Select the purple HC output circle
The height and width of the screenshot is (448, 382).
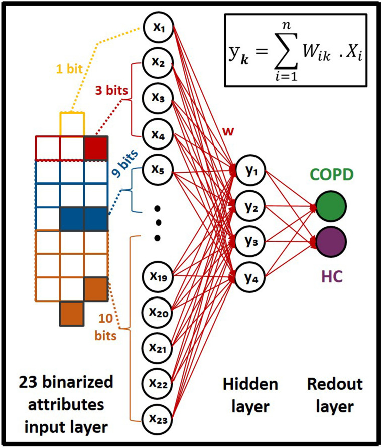(331, 241)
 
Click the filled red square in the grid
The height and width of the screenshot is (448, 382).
(95, 148)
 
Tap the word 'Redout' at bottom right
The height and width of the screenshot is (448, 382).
(330, 385)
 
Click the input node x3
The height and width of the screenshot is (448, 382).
(159, 98)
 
